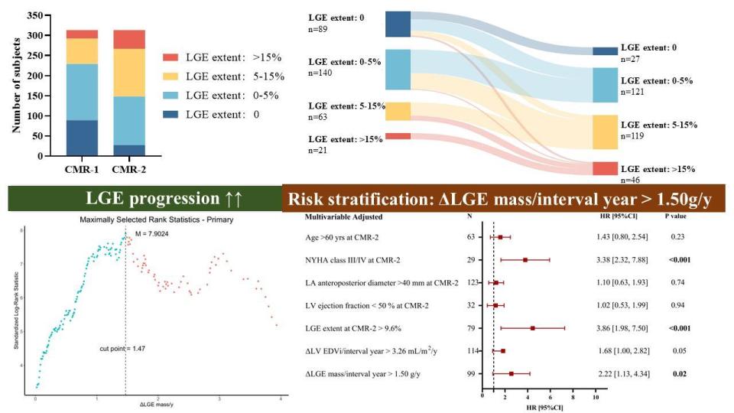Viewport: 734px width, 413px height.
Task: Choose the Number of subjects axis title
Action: point(16,84)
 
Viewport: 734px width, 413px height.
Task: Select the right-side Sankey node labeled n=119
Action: point(603,132)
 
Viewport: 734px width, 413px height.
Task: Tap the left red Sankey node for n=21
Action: point(398,136)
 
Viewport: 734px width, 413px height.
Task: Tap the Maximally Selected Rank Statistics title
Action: point(158,220)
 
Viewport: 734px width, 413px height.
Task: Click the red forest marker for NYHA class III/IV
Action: point(525,260)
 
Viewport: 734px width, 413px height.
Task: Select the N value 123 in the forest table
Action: point(471,283)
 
